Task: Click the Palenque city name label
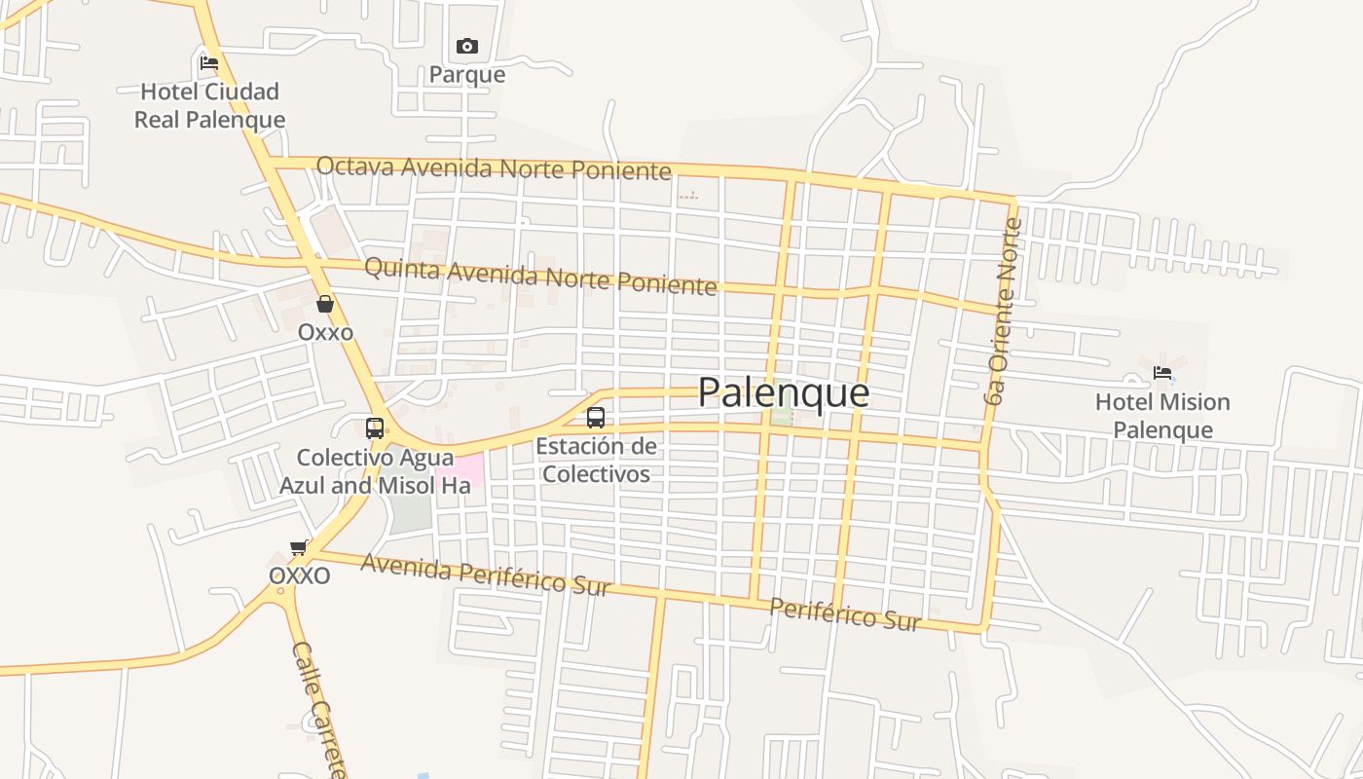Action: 784,392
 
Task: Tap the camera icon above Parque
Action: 467,46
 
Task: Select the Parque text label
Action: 467,75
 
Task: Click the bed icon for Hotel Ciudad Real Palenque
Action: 209,63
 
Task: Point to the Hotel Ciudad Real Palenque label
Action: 209,105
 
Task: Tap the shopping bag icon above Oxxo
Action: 325,304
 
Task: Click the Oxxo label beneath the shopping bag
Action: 325,332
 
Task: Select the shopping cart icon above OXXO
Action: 299,547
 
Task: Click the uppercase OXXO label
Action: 299,575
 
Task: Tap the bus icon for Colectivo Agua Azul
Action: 375,427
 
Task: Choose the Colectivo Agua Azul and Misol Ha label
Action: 375,471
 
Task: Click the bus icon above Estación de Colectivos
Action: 596,418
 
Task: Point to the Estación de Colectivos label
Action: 596,461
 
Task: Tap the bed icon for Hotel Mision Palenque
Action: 1162,373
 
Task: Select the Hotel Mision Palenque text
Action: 1162,416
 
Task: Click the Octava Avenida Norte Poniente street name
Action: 494,168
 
